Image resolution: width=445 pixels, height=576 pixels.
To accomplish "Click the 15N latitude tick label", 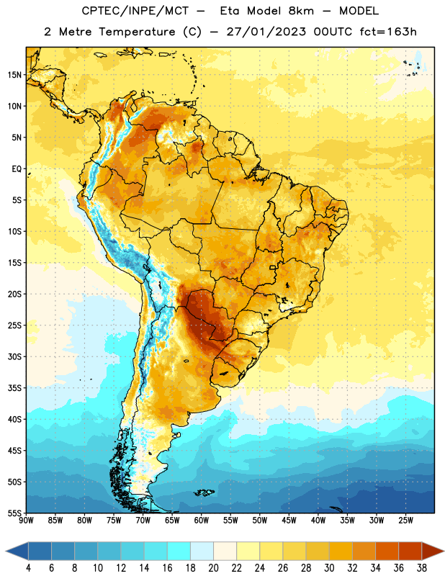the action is (x=14, y=75).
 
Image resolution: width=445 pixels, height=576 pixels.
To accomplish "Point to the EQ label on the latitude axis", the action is (x=17, y=169).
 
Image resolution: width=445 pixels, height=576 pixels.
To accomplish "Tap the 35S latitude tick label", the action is (x=14, y=388).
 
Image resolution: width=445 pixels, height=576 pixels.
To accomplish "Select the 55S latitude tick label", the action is (x=14, y=513).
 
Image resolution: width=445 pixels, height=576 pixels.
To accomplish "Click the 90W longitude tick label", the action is (x=26, y=521).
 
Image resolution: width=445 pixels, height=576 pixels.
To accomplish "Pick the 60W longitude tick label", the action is (x=202, y=521).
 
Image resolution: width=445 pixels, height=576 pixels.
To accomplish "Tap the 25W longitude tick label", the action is (x=405, y=521).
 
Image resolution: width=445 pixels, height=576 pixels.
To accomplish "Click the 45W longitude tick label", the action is (x=289, y=521).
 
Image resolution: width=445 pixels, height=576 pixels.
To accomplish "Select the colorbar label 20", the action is (x=213, y=568).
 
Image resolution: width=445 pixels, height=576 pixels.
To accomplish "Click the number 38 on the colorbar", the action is (x=421, y=568).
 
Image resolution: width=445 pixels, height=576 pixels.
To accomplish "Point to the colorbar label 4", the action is (x=28, y=568).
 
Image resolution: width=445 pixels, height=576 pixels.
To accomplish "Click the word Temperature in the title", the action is (x=137, y=32).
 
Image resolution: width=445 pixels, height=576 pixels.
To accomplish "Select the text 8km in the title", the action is (x=301, y=11).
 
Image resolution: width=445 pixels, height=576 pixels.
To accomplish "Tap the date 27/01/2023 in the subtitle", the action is (x=266, y=32).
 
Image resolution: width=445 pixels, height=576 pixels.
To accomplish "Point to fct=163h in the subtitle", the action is (x=388, y=32).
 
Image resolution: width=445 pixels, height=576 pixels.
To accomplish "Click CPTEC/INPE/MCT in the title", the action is (x=135, y=11).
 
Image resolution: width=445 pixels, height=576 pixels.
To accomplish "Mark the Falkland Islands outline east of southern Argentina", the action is (x=204, y=492).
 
